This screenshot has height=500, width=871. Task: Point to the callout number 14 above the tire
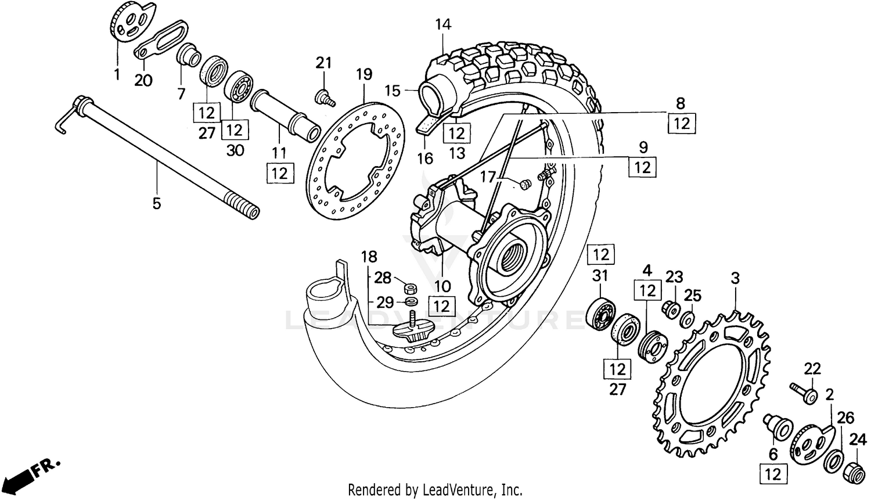pos(442,24)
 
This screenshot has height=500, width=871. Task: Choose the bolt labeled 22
pos(804,393)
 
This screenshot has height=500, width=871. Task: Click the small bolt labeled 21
pos(325,97)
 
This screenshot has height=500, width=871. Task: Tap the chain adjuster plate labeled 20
pos(157,39)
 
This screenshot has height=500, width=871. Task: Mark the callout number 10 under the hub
pos(442,286)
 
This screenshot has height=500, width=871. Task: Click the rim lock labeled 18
pos(409,330)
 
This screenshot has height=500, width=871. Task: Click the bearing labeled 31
pos(600,315)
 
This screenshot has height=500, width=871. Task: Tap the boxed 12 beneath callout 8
pos(682,123)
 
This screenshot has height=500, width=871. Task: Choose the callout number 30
pos(235,150)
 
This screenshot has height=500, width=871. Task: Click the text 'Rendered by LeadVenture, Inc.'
pos(435,490)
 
